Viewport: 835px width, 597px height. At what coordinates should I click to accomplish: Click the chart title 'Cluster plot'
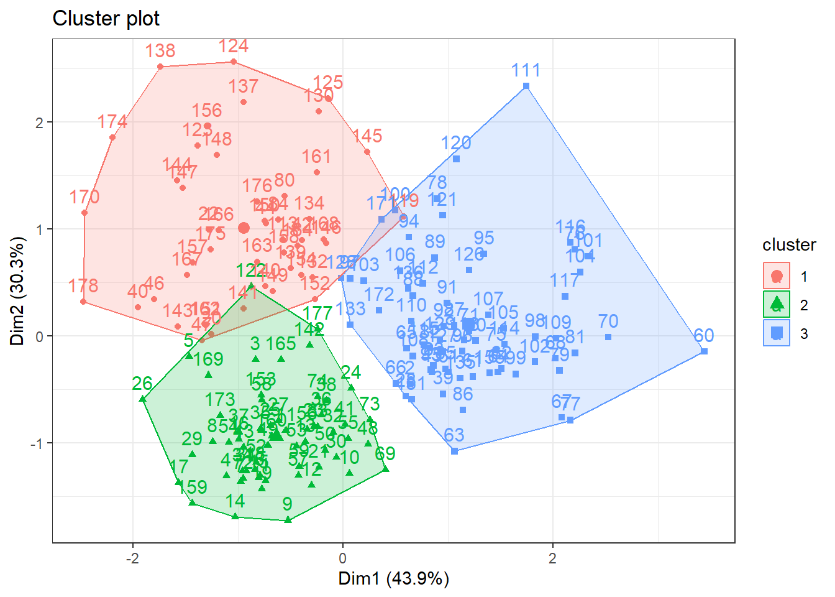pyautogui.click(x=106, y=19)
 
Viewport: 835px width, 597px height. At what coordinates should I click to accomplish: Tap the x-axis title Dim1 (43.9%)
pyautogui.click(x=393, y=579)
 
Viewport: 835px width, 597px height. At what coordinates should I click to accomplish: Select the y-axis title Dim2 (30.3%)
pyautogui.click(x=17, y=291)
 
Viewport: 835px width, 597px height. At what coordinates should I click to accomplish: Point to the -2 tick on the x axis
pyautogui.click(x=132, y=558)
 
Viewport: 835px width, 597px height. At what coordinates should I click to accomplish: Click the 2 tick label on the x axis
pyautogui.click(x=552, y=558)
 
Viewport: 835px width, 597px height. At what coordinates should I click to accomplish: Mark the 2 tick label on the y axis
pyautogui.click(x=40, y=123)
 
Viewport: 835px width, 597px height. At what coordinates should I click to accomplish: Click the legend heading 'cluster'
pyautogui.click(x=789, y=245)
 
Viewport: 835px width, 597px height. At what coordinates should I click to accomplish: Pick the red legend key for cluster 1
pyautogui.click(x=777, y=276)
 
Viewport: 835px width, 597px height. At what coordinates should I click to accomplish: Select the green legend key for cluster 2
pyautogui.click(x=777, y=305)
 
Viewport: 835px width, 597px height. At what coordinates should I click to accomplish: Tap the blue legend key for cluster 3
pyautogui.click(x=777, y=333)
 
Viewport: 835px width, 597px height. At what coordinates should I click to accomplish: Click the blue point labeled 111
pyautogui.click(x=526, y=86)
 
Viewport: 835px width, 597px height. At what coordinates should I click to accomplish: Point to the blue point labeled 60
pyautogui.click(x=704, y=351)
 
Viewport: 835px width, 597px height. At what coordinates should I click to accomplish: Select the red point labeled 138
pyautogui.click(x=160, y=67)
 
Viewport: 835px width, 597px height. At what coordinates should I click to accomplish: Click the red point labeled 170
pyautogui.click(x=84, y=213)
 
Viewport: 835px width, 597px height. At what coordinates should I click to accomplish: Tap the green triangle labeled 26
pyautogui.click(x=142, y=399)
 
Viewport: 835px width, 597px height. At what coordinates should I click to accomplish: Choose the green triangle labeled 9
pyautogui.click(x=288, y=519)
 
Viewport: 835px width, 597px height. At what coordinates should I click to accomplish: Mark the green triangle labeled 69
pyautogui.click(x=386, y=468)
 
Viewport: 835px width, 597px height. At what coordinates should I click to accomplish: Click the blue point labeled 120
pyautogui.click(x=456, y=159)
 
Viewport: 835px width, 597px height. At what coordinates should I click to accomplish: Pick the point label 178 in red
pyautogui.click(x=83, y=285)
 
